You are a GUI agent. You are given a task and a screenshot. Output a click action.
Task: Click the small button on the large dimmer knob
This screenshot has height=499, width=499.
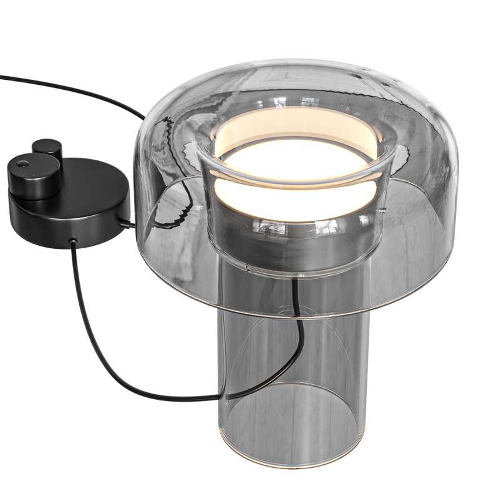(x=24, y=164)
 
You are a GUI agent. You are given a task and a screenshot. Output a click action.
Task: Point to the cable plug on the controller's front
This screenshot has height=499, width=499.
(x=72, y=241)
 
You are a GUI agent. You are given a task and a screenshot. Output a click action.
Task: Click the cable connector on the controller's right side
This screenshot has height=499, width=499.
(x=128, y=223)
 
